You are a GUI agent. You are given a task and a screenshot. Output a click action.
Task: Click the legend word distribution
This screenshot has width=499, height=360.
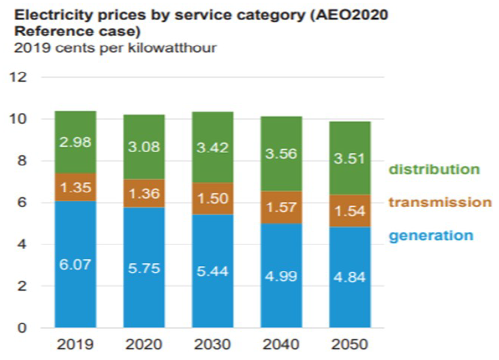point(434,169)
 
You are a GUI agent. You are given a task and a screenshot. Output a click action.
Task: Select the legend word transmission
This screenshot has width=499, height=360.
point(439,203)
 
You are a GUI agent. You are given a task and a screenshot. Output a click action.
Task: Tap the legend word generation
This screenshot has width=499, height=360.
point(431,236)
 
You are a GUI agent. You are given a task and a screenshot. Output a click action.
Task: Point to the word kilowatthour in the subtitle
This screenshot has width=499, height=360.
point(178,48)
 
